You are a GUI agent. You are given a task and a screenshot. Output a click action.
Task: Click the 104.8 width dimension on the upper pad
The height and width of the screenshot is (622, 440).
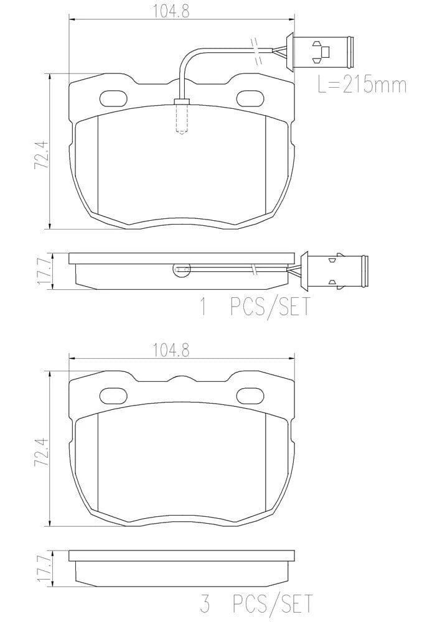point(171,11)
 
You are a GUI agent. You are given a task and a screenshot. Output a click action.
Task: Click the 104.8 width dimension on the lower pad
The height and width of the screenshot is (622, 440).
point(171,350)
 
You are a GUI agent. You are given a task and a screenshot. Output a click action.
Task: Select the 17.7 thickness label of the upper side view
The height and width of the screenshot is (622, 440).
point(42,271)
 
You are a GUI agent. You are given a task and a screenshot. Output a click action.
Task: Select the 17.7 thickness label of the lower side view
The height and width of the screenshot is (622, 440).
point(42,569)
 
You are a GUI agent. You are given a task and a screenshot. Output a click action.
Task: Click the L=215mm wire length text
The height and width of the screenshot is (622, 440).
point(362,85)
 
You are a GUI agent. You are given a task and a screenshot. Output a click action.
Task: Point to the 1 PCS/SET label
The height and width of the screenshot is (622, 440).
point(256,307)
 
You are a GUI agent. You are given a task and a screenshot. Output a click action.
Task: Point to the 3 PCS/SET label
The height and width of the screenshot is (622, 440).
point(256,603)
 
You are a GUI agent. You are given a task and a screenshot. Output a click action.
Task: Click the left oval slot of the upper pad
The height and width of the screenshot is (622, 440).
point(113,98)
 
